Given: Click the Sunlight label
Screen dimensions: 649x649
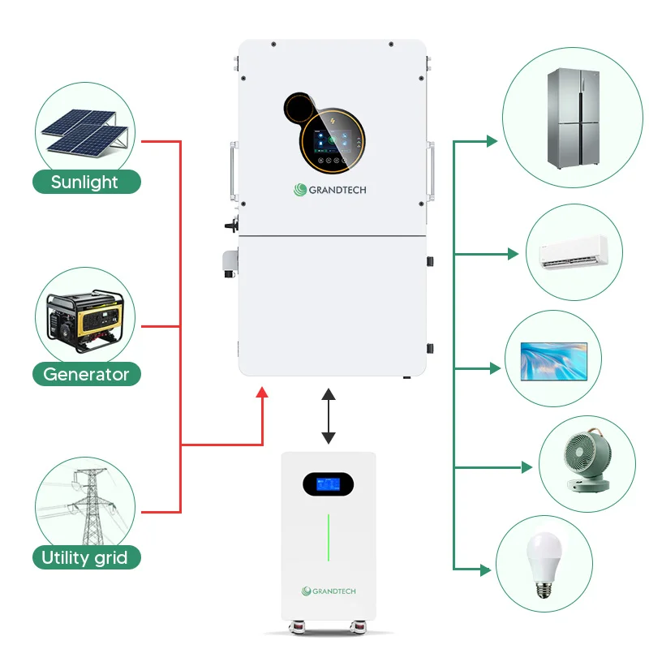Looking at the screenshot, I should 85,182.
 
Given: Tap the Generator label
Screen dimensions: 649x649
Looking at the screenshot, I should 86,374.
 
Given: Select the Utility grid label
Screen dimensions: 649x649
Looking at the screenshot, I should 85,557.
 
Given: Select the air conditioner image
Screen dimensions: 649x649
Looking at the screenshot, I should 574,253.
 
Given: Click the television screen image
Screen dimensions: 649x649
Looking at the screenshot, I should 552,363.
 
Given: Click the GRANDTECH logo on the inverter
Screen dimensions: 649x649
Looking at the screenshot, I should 333,190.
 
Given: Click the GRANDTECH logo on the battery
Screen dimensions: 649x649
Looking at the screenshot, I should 328,591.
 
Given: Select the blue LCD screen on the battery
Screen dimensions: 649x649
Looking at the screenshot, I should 328,484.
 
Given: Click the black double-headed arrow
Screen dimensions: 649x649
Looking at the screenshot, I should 328,415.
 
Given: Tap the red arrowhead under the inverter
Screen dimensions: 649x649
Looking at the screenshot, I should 262,393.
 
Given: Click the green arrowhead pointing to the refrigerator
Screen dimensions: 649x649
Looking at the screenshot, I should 491,141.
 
